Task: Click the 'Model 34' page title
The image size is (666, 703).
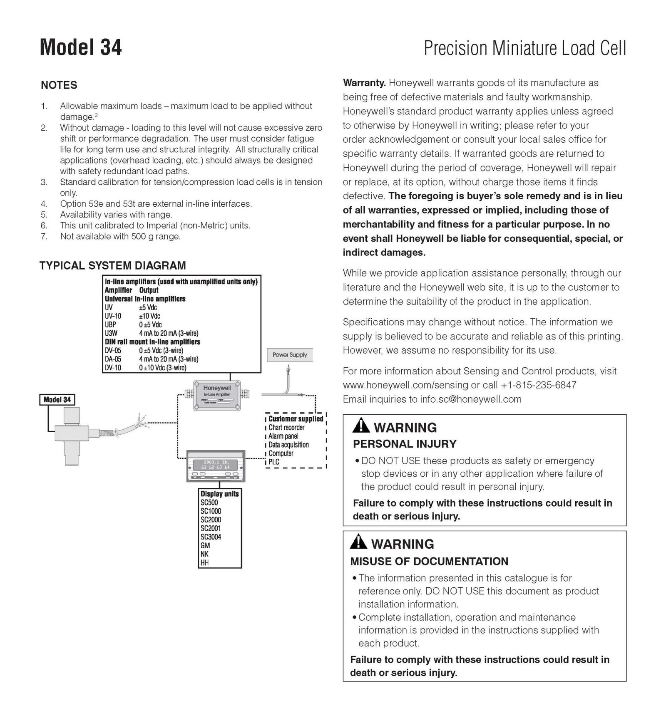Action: point(81,47)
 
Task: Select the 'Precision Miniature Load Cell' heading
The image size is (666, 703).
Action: point(524,48)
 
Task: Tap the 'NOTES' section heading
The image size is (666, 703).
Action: point(59,85)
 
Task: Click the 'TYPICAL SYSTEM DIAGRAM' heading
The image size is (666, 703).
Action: point(112,265)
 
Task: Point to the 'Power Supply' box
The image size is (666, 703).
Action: point(290,355)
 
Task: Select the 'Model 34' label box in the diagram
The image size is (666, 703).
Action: point(57,400)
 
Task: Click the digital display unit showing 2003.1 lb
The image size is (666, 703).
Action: point(216,466)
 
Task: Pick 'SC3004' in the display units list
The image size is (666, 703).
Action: point(211,537)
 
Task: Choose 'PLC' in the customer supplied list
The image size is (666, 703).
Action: point(274,462)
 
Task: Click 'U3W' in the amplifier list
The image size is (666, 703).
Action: point(111,333)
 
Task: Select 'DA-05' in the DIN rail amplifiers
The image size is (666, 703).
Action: point(113,359)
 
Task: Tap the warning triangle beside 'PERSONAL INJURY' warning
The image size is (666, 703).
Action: point(360,426)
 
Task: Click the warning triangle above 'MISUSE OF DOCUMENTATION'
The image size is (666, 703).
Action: point(358,542)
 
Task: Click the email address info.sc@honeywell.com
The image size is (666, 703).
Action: point(470,399)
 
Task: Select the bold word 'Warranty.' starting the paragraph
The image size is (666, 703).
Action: point(364,83)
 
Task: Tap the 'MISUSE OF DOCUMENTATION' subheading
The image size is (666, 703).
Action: point(429,562)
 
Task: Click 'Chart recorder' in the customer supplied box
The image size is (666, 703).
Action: point(286,427)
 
